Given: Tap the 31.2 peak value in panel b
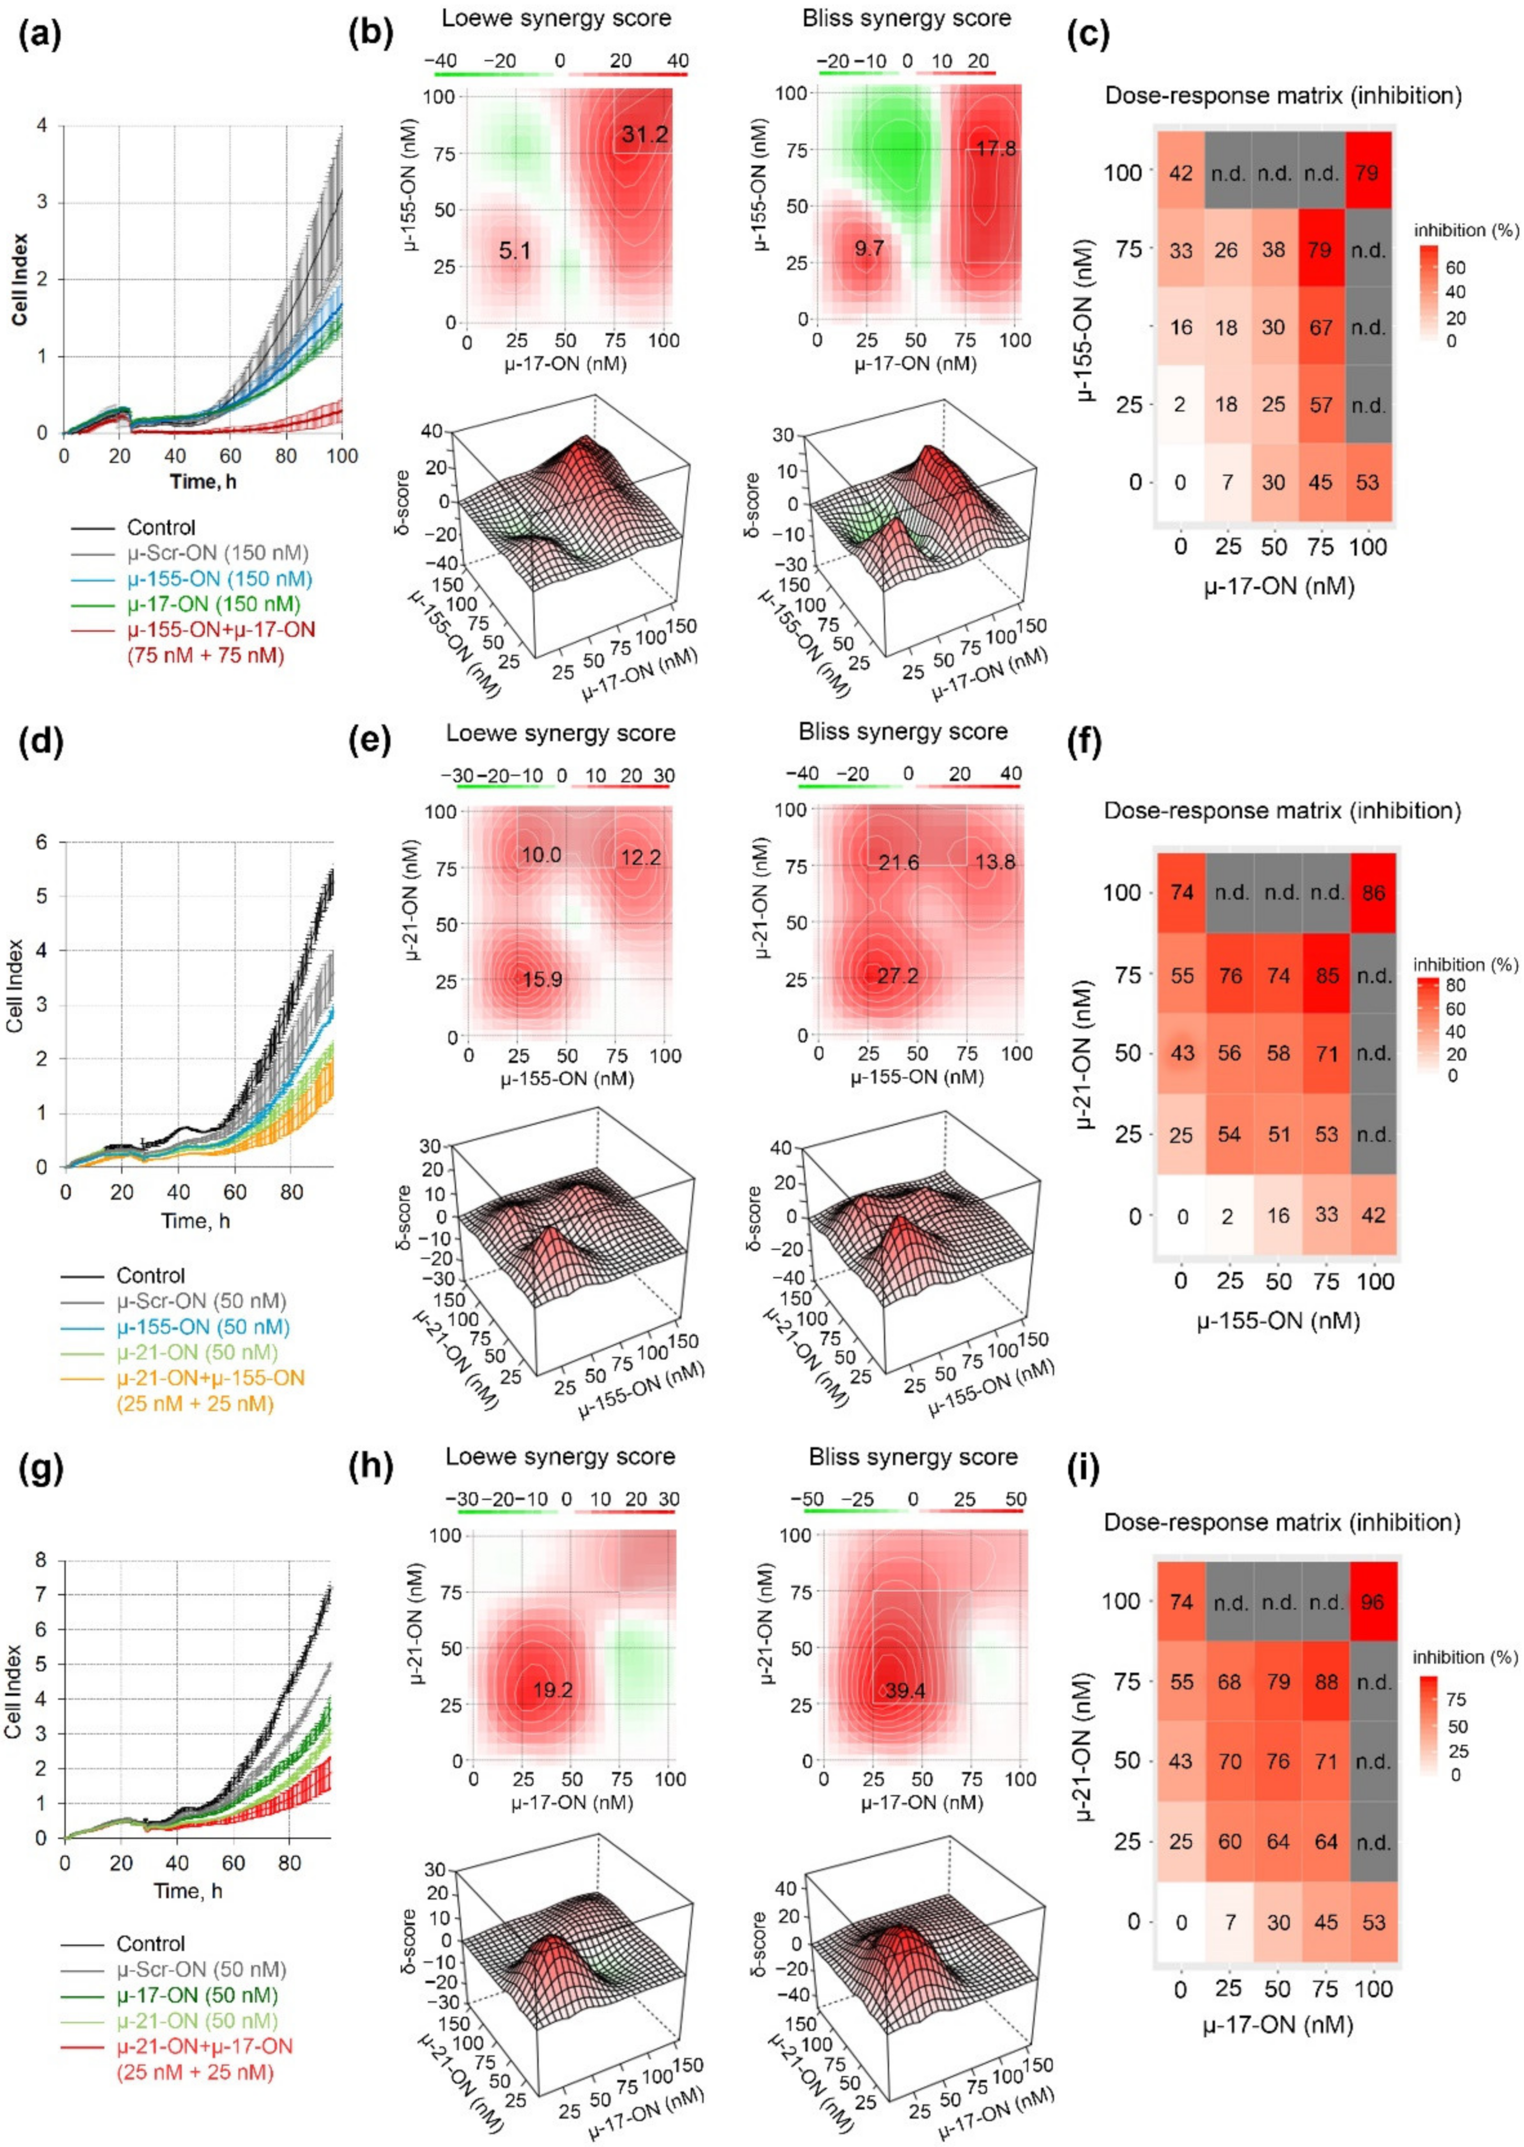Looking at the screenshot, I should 644,134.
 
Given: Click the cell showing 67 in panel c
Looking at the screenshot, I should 1320,327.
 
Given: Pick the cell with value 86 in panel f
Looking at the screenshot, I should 1373,892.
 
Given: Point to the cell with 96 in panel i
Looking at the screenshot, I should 1373,1602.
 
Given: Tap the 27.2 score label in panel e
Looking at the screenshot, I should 898,976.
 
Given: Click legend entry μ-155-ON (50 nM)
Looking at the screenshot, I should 203,1327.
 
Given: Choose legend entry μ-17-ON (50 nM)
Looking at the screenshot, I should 197,1995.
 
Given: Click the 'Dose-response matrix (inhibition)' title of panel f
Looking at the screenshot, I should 1282,810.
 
